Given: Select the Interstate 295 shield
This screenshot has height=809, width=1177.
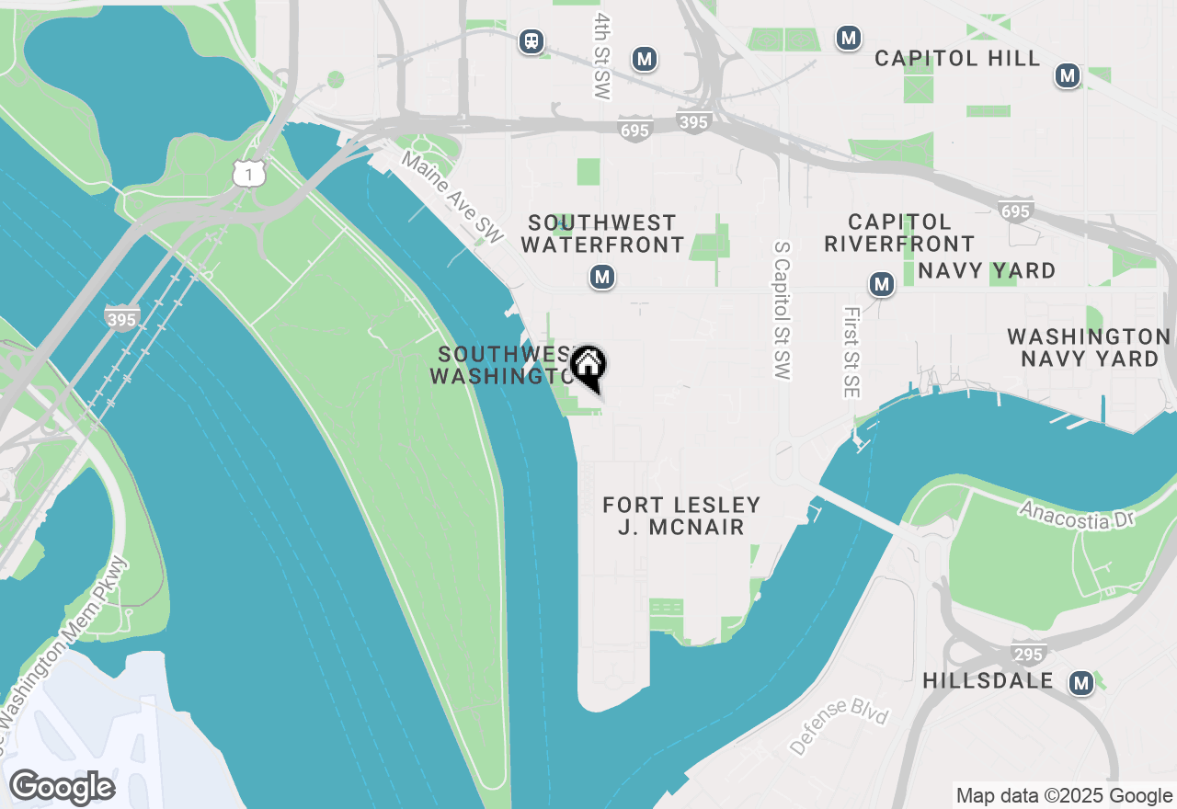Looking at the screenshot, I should click(x=1027, y=654).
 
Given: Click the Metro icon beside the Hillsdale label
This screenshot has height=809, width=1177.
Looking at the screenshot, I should click(x=1081, y=683).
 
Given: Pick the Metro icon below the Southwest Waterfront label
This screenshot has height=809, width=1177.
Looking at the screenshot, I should click(x=602, y=277).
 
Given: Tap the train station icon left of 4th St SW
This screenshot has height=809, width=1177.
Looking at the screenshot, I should click(x=531, y=41).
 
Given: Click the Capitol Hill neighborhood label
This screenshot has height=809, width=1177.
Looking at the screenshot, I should click(x=957, y=58).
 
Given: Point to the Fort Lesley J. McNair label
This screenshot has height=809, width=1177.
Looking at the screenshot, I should click(x=681, y=516).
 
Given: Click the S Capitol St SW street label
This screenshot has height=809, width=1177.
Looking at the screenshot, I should click(x=782, y=312).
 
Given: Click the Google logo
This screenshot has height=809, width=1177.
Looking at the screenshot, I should click(x=62, y=788).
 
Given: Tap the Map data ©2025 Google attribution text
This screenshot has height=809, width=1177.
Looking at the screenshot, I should click(x=1064, y=795).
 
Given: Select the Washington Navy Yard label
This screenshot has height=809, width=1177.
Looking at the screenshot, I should click(x=1089, y=348).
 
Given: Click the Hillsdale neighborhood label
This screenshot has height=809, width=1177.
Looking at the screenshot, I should click(x=988, y=681).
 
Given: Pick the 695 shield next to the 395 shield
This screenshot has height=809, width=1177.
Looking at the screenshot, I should click(x=634, y=131).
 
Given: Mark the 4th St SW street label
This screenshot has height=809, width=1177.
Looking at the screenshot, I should click(x=602, y=56).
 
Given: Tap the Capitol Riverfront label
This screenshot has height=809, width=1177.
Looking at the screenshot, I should click(x=898, y=233).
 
